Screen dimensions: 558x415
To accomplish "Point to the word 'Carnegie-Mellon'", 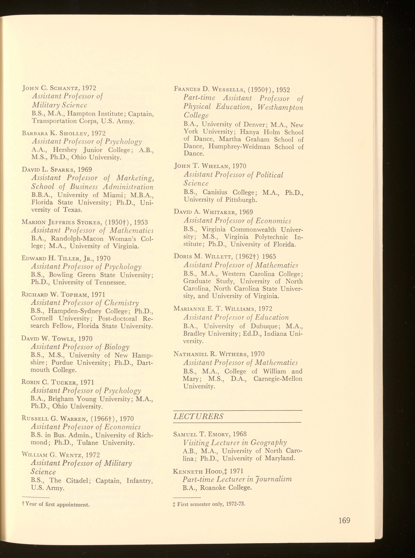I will [278, 379].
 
